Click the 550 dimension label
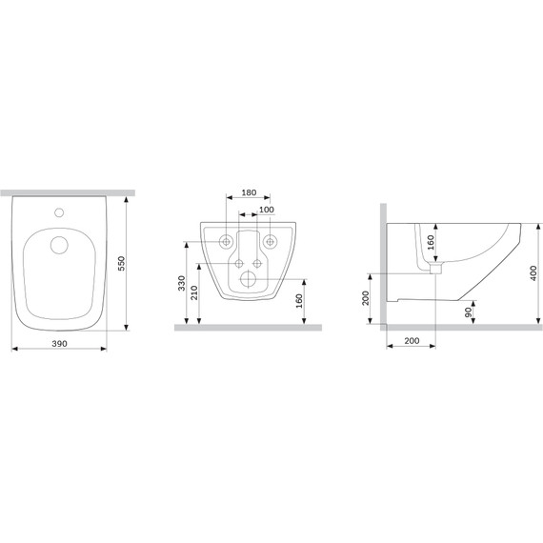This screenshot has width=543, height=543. pos(121,264)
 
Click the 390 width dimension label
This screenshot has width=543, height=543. pos(59,344)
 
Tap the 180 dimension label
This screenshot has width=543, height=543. pos(249,192)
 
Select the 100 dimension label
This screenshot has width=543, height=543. pos(267,210)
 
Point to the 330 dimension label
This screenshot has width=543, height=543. pos(181,283)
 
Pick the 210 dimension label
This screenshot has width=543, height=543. pos(194,292)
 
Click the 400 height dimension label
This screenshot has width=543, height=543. pos(533,272)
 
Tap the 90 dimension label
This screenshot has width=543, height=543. pos(468,312)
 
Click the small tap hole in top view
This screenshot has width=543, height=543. pos(59,212)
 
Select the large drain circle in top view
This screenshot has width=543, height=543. pos(59,245)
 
